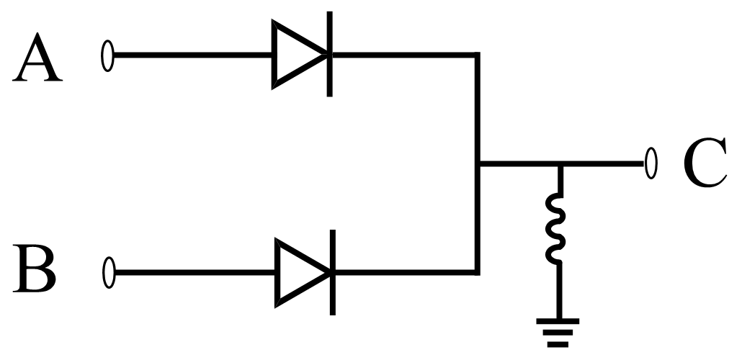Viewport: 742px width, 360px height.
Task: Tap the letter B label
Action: (x=35, y=270)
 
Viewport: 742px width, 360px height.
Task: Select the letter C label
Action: (x=704, y=165)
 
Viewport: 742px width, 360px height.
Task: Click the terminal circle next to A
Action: (x=108, y=56)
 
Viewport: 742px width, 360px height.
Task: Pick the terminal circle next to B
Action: (x=109, y=273)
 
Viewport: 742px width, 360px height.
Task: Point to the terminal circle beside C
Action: (x=651, y=163)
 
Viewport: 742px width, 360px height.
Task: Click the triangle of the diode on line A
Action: (x=295, y=55)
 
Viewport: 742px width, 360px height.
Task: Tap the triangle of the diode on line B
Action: (x=298, y=272)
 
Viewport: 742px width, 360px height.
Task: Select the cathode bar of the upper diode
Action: (x=329, y=54)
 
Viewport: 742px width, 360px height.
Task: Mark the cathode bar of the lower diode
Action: (x=331, y=272)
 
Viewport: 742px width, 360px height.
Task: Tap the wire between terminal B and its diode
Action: (x=195, y=272)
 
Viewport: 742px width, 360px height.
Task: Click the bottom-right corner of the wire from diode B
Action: (x=476, y=271)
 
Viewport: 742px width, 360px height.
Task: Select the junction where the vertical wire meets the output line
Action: (x=477, y=163)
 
